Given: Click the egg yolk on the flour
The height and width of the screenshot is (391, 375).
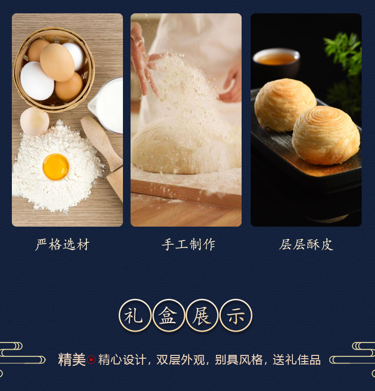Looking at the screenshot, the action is (x=56, y=167).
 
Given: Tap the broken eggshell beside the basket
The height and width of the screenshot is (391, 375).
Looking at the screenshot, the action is (x=34, y=122).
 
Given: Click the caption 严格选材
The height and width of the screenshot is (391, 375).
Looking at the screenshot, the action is (x=62, y=244).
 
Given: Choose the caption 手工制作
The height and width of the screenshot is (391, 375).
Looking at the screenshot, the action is (x=188, y=244).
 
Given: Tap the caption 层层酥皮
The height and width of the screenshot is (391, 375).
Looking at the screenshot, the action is (x=306, y=244).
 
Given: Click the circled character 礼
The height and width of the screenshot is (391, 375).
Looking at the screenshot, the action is (x=135, y=315).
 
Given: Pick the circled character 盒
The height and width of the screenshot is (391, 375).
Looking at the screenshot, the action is (x=169, y=315).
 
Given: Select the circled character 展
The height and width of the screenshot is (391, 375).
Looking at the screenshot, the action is (x=202, y=315).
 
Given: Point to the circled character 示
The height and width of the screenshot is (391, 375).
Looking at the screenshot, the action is (x=236, y=315).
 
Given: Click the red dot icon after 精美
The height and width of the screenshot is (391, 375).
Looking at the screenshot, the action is (x=91, y=360).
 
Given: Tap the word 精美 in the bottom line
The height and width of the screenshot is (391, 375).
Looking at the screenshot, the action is (x=72, y=360).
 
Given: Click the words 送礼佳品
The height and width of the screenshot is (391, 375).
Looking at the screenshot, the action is (x=297, y=360).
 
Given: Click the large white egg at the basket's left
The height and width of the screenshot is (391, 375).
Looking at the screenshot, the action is (x=37, y=81).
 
